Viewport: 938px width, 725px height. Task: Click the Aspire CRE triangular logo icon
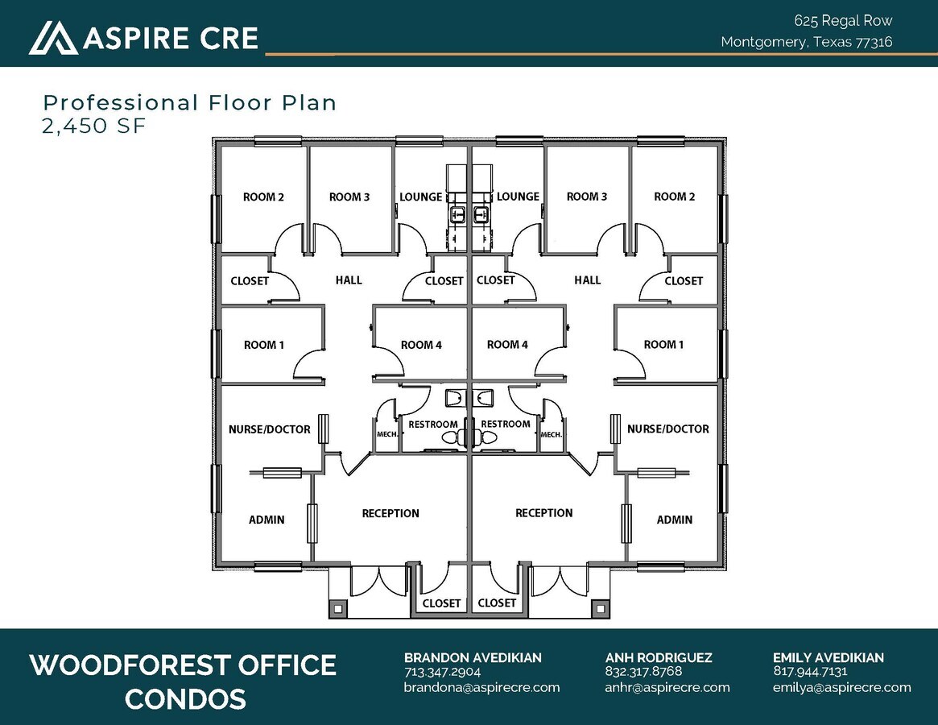(53, 38)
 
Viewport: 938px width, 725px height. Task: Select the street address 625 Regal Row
(843, 21)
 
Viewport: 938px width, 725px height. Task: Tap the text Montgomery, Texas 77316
(806, 42)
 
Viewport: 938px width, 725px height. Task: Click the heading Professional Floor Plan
(190, 103)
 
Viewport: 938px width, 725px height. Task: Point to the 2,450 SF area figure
(94, 126)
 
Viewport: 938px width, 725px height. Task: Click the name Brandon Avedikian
(473, 657)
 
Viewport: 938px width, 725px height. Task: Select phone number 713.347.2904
(442, 671)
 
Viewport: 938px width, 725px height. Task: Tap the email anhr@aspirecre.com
(667, 687)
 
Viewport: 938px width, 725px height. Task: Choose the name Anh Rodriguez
(659, 657)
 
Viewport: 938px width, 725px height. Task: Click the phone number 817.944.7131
(809, 671)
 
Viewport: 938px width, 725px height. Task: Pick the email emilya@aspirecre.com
(841, 687)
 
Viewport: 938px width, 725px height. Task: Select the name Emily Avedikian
(828, 657)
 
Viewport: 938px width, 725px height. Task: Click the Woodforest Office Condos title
(184, 681)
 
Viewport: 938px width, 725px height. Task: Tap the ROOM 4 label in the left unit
(421, 345)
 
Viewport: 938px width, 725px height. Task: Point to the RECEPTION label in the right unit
(544, 512)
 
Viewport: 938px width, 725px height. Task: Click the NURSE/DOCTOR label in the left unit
(269, 429)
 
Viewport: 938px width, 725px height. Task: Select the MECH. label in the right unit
(552, 434)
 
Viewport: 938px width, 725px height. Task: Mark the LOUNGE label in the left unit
(420, 197)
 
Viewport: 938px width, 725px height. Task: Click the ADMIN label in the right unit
(675, 520)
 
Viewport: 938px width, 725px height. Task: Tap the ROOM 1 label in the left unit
(264, 345)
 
